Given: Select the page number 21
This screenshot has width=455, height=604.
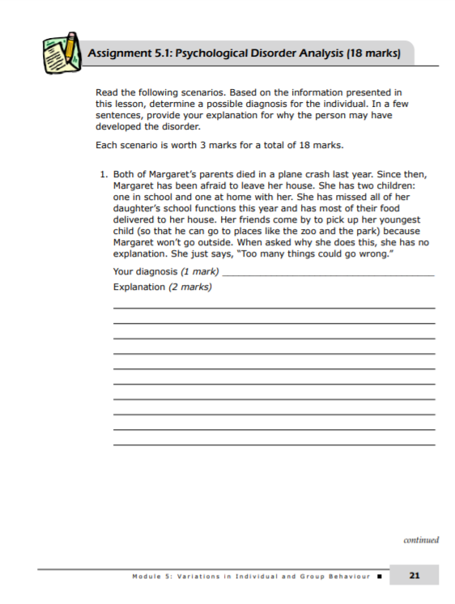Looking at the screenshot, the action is (414, 576).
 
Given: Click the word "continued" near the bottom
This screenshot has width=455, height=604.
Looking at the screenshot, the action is (421, 539).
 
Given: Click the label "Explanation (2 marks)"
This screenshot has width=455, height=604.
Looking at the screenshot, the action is (162, 287).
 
